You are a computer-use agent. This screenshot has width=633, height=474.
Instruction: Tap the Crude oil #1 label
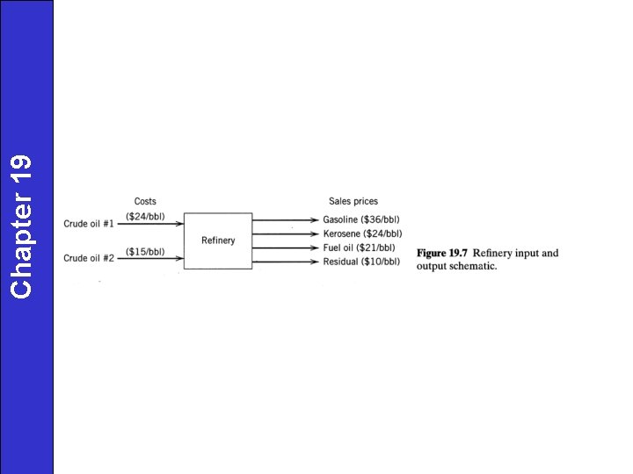pyautogui.click(x=89, y=224)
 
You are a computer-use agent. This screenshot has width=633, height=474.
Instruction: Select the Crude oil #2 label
pyautogui.click(x=89, y=258)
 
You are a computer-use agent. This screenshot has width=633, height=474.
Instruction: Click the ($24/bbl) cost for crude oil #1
pyautogui.click(x=145, y=217)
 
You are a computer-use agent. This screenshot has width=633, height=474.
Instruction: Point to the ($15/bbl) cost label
pyautogui.click(x=145, y=252)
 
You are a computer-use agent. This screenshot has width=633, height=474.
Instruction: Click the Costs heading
pyautogui.click(x=145, y=201)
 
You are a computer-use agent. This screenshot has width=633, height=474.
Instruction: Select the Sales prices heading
pyautogui.click(x=353, y=201)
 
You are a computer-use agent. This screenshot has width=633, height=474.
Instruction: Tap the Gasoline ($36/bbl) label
pyautogui.click(x=361, y=219)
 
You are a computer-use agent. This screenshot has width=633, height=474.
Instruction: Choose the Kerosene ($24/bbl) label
pyautogui.click(x=362, y=233)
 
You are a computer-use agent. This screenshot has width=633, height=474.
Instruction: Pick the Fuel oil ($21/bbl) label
pyautogui.click(x=359, y=248)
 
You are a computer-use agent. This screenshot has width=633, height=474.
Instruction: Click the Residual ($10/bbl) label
pyautogui.click(x=361, y=262)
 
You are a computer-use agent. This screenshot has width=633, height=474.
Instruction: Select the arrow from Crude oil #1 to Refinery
pyautogui.click(x=150, y=224)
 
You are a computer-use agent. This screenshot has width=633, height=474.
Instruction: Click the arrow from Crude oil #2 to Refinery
pyautogui.click(x=150, y=258)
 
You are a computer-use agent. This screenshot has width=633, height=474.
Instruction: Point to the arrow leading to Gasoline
pyautogui.click(x=286, y=220)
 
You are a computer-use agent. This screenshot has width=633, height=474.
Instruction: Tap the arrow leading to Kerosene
pyautogui.click(x=286, y=233)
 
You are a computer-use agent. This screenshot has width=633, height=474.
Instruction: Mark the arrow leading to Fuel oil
pyautogui.click(x=286, y=248)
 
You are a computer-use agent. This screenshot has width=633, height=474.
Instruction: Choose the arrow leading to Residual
pyautogui.click(x=286, y=262)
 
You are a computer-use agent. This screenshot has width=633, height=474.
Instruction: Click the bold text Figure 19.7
pyautogui.click(x=441, y=253)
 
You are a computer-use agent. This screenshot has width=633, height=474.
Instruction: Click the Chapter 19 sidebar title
pyautogui.click(x=21, y=226)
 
